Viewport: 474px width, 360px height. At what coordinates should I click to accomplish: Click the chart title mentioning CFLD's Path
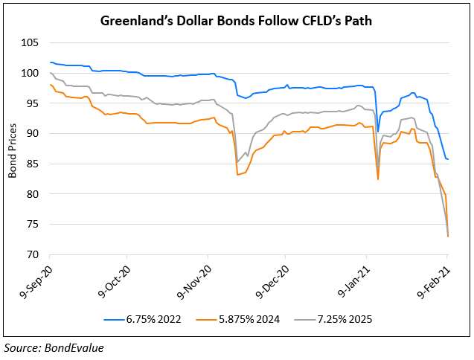[x=237, y=21]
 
